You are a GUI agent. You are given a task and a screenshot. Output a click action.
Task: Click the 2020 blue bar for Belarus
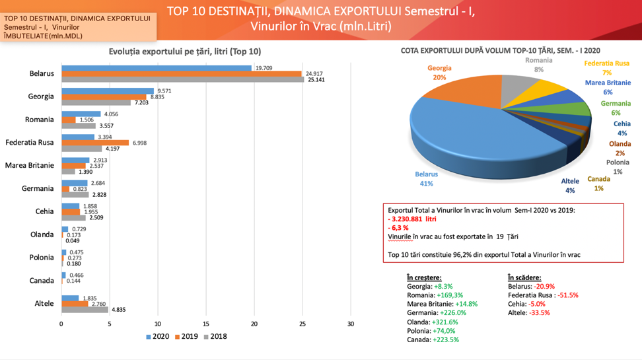[156, 68]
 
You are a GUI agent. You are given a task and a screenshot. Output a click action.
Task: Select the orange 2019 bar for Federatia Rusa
[95, 143]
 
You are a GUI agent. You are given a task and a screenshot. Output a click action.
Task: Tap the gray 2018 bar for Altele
[85, 309]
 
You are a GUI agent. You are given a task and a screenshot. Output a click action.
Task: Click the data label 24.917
[314, 73]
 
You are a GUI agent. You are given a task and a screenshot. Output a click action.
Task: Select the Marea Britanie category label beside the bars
[29, 165]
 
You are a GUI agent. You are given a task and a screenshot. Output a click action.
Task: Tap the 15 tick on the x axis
[206, 324]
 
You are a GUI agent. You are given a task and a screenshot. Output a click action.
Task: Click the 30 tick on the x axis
[351, 324]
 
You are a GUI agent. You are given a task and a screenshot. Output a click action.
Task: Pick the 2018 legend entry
[215, 336]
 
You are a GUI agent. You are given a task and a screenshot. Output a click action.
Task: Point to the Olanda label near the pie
[619, 143]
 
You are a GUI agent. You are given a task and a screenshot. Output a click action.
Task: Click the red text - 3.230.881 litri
[413, 219]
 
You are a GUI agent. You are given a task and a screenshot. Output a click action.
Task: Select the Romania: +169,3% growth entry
[435, 295]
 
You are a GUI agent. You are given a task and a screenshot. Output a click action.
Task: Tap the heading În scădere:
[524, 278]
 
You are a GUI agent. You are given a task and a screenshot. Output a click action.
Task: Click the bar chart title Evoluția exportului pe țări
[184, 52]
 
